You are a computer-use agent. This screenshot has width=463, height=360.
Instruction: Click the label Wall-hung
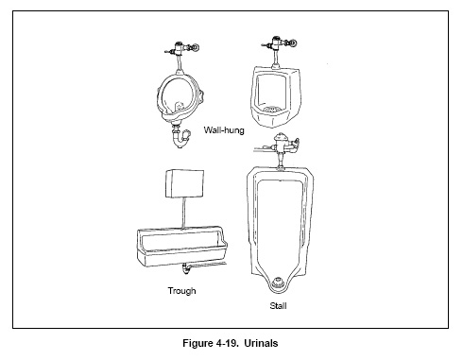click(225, 130)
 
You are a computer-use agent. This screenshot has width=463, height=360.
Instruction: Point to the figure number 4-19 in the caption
click(238, 342)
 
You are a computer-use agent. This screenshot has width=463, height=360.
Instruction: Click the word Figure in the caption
click(203, 342)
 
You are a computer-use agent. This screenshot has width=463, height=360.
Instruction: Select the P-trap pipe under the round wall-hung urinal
click(178, 138)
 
